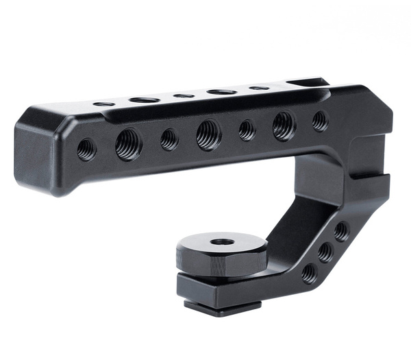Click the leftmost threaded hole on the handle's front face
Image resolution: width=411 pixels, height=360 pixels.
[86, 149]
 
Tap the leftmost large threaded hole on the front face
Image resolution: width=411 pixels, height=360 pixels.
[128, 144]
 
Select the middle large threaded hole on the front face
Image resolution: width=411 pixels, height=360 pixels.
[208, 134]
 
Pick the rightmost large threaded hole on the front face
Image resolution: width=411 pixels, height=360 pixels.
[284, 125]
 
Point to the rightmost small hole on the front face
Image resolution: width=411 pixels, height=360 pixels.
[320, 121]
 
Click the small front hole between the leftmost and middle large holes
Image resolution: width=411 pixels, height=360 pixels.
[169, 139]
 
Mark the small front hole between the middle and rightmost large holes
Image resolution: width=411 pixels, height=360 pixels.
[247, 130]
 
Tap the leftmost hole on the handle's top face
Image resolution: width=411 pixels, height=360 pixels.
[104, 104]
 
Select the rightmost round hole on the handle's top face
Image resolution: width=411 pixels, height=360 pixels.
[259, 88]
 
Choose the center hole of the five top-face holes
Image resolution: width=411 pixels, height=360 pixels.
[184, 95]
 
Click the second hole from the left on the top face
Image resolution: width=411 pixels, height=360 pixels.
[144, 100]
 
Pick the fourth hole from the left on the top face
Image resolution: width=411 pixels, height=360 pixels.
[221, 91]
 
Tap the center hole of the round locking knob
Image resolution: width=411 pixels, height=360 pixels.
[221, 242]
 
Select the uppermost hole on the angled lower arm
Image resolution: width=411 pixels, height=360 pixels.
[340, 231]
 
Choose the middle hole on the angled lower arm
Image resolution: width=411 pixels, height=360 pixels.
[325, 252]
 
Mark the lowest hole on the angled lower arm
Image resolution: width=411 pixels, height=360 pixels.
[310, 273]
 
